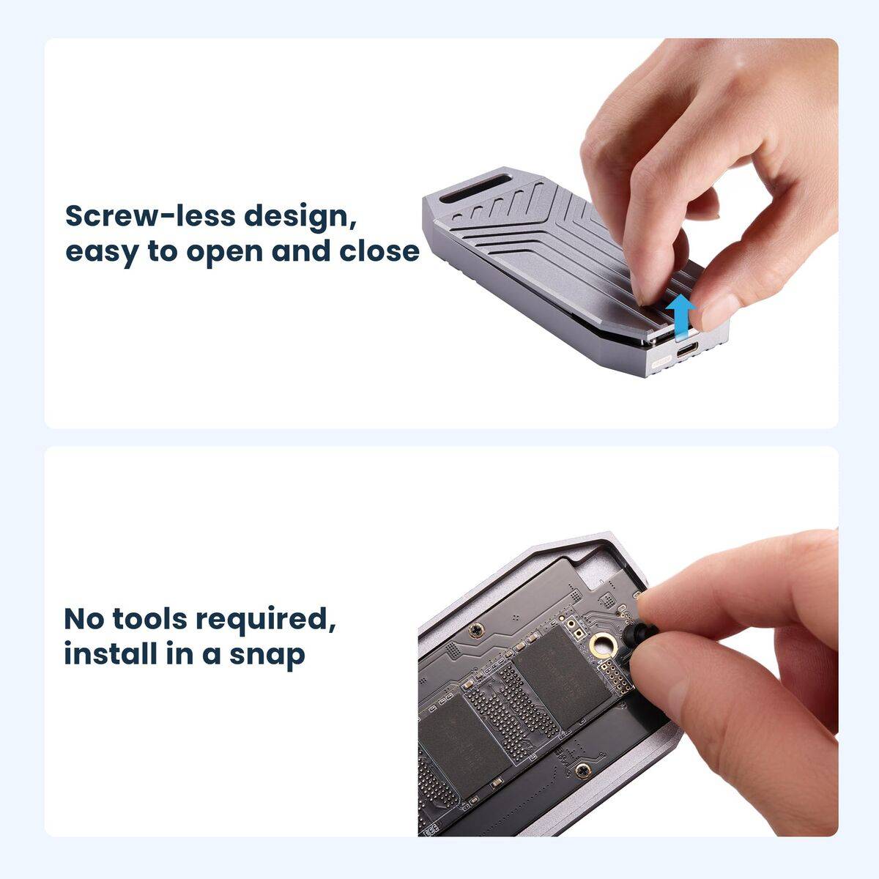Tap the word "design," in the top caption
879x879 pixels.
300,218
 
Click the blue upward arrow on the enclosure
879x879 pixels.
680,316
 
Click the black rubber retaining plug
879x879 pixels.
639,633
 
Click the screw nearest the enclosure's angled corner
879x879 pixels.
477,628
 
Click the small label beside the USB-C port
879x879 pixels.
662,363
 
